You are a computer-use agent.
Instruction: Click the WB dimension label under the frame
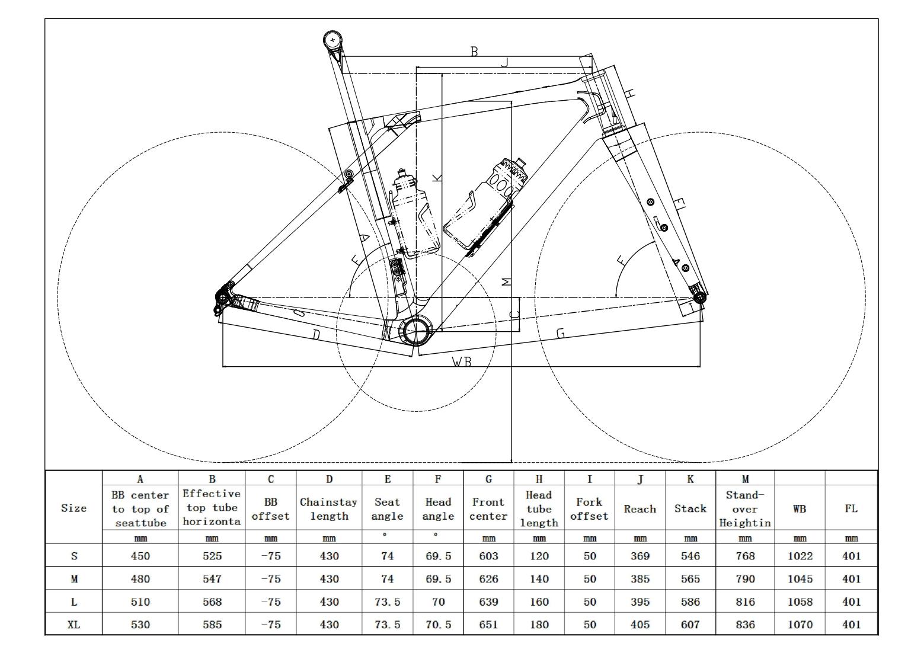462,361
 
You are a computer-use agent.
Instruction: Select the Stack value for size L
690,601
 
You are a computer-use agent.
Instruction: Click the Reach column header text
640,509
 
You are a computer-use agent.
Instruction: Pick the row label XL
73,624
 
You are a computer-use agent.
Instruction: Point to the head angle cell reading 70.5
438,624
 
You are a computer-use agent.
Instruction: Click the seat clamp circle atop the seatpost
333,40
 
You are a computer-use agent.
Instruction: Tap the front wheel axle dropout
699,297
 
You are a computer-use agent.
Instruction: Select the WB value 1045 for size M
800,579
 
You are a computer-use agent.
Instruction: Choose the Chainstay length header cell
329,509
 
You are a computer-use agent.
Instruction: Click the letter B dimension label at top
474,52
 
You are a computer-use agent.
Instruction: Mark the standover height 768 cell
745,556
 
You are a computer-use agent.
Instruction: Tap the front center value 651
488,624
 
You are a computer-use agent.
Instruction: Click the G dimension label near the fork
560,333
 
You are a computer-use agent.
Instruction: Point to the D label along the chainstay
316,335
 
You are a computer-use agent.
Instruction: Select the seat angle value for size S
387,556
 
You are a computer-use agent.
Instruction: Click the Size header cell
73,508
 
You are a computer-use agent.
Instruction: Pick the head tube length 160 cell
539,601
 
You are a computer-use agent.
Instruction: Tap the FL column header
851,509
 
